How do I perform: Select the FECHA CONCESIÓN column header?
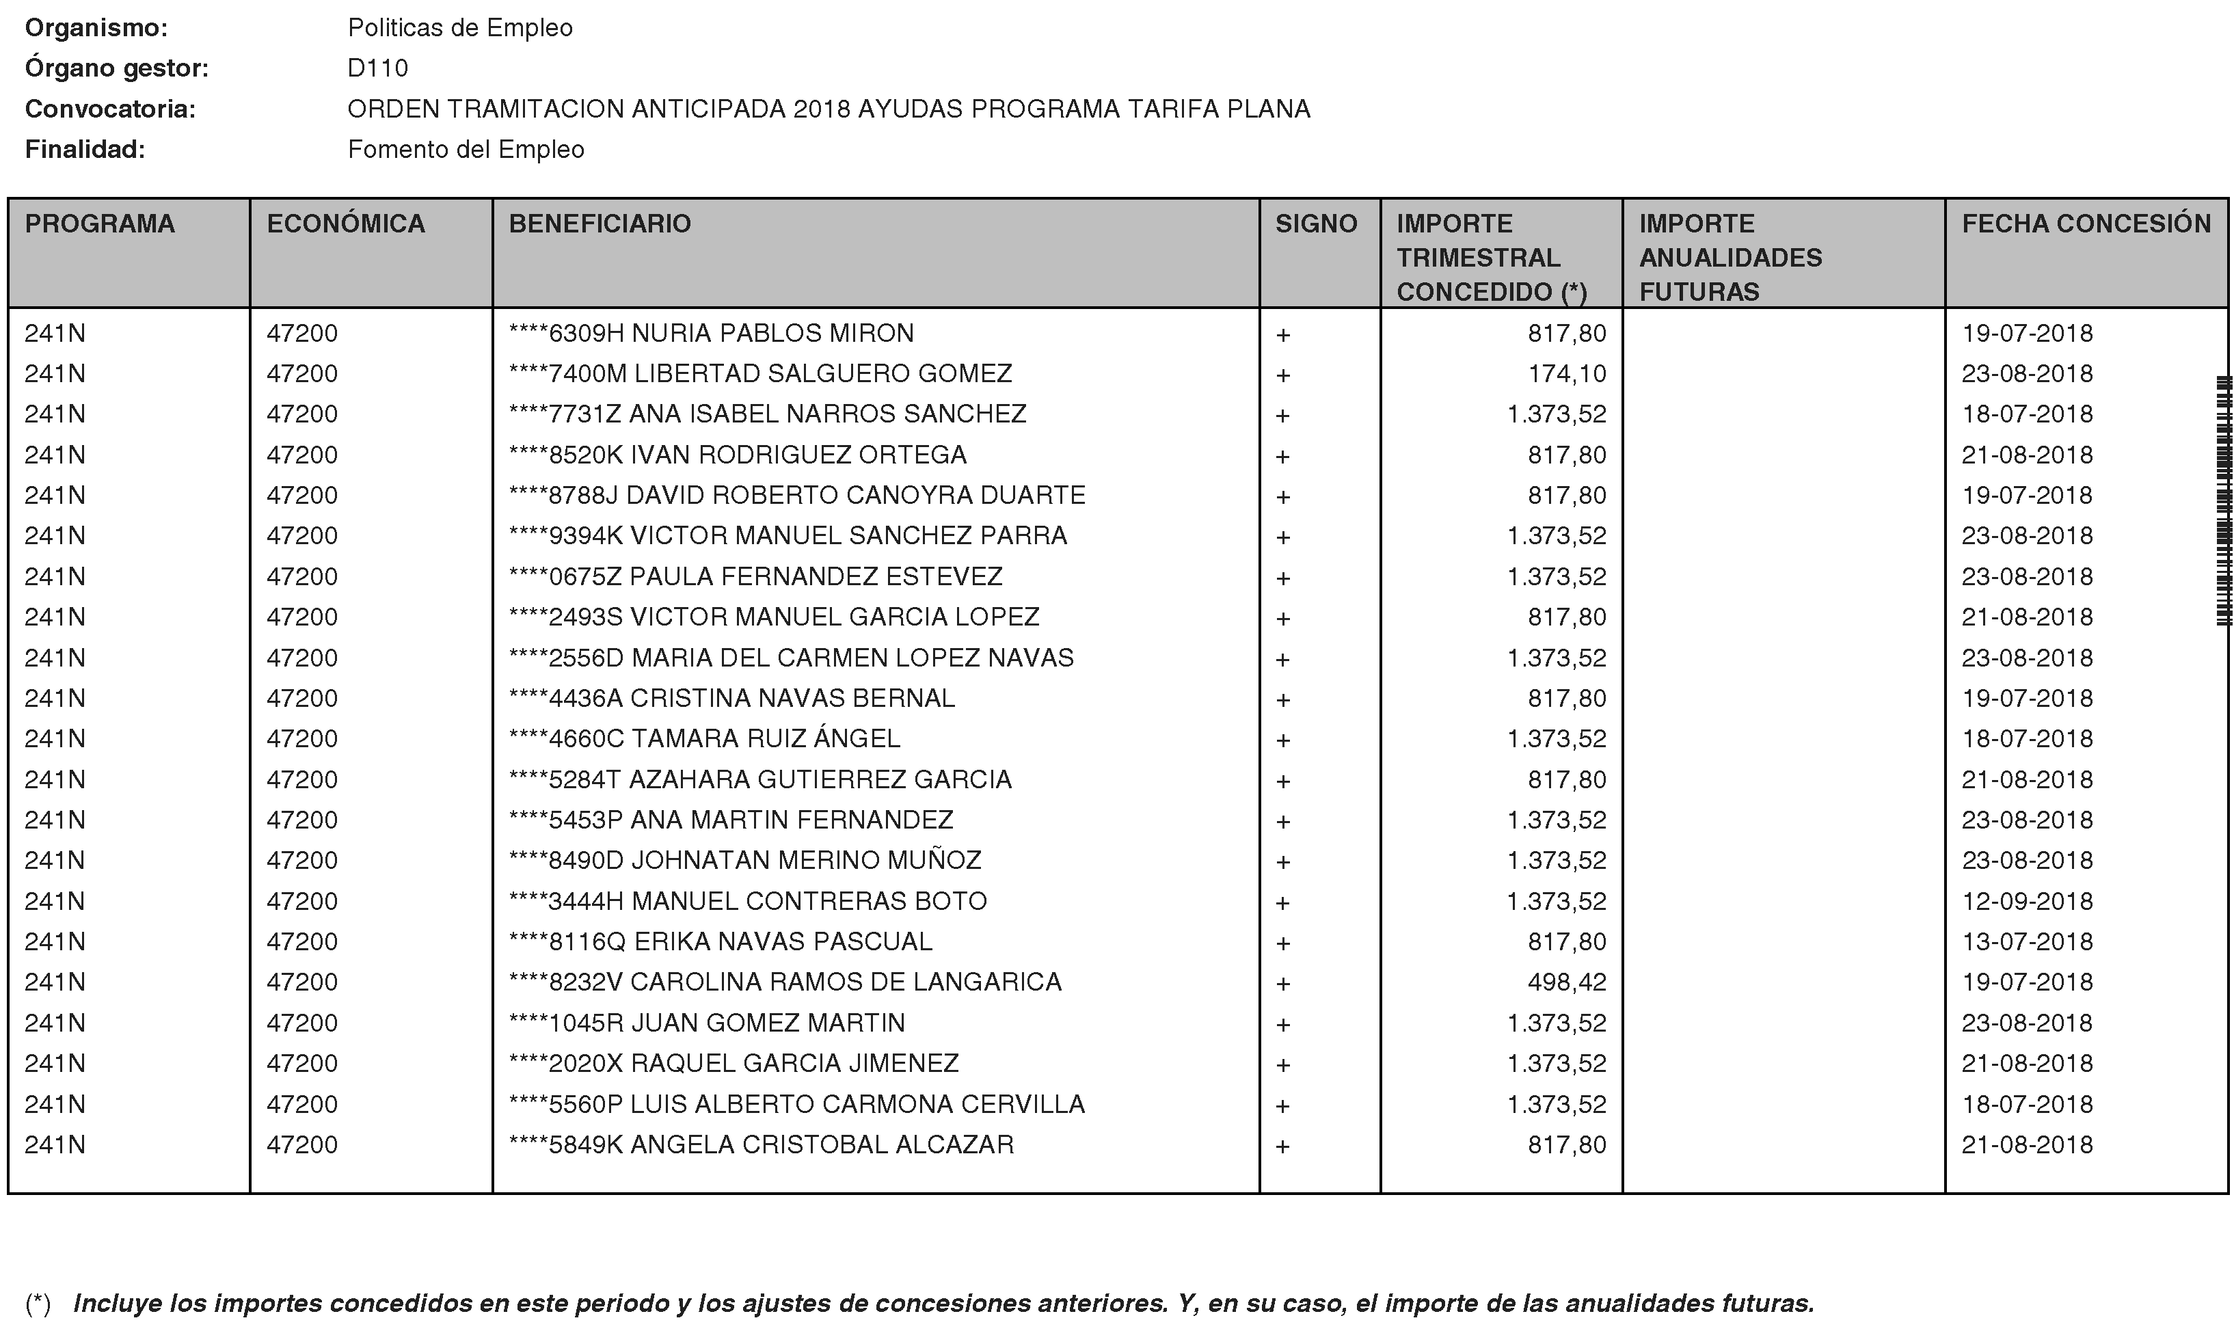click(x=2086, y=223)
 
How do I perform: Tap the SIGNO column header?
click(x=1315, y=223)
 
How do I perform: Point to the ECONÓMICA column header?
click(x=346, y=223)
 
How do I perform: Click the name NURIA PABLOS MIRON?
click(x=772, y=333)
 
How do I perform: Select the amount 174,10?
click(x=1566, y=373)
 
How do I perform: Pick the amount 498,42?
click(x=1566, y=982)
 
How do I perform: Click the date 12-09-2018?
click(x=2026, y=901)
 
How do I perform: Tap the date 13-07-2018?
click(x=2026, y=941)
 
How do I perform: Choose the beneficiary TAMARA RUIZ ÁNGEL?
click(x=765, y=739)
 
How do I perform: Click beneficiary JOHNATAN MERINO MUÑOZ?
click(x=806, y=860)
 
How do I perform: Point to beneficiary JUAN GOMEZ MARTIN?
click(x=768, y=1023)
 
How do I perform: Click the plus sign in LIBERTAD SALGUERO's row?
click(x=1282, y=375)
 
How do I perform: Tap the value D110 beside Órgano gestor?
click(x=378, y=68)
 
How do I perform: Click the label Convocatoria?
click(x=110, y=109)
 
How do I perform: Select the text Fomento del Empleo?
click(x=466, y=150)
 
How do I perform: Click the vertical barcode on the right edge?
click(x=2222, y=502)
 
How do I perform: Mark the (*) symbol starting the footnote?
click(x=38, y=1303)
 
